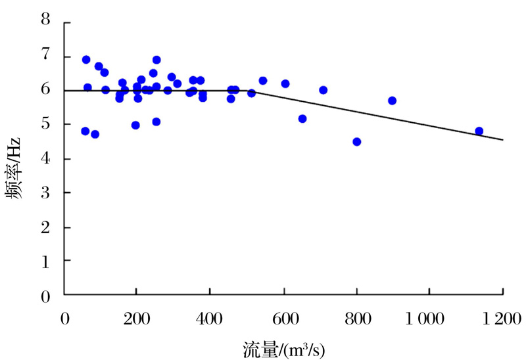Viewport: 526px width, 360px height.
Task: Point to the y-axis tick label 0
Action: tap(46, 298)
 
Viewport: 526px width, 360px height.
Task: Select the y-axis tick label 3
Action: tap(46, 194)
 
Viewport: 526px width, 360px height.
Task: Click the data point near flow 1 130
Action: tap(479, 131)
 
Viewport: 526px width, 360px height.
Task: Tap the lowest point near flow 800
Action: tap(357, 141)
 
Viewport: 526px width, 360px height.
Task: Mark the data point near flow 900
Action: tap(393, 101)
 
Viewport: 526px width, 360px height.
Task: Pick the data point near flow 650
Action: tap(302, 118)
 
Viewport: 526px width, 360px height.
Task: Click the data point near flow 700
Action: tap(323, 90)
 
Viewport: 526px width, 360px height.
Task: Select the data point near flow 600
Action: tap(285, 83)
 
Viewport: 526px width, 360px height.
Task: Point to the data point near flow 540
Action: tap(263, 80)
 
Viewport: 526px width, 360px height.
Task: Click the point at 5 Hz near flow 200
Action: tap(135, 125)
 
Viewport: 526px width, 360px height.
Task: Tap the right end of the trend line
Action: tap(503, 139)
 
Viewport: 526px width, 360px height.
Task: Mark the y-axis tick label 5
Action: tap(46, 125)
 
